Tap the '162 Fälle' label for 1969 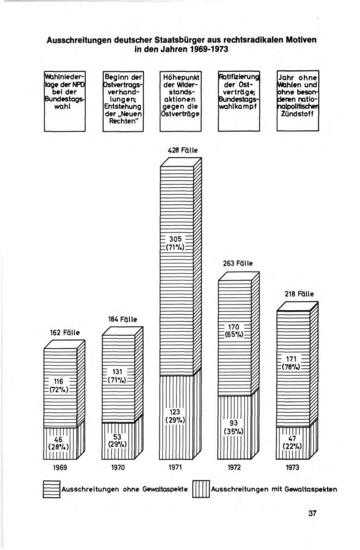pos(65,332)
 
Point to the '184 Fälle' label pos(122,319)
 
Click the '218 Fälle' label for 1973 pos(299,294)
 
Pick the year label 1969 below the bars pos(60,467)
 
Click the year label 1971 pos(176,467)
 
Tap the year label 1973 pos(292,467)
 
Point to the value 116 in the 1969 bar pos(59,381)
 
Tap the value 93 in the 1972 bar pos(234,424)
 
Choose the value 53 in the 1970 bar pos(117,437)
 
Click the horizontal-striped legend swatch pos(51,489)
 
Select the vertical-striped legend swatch pos(201,489)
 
